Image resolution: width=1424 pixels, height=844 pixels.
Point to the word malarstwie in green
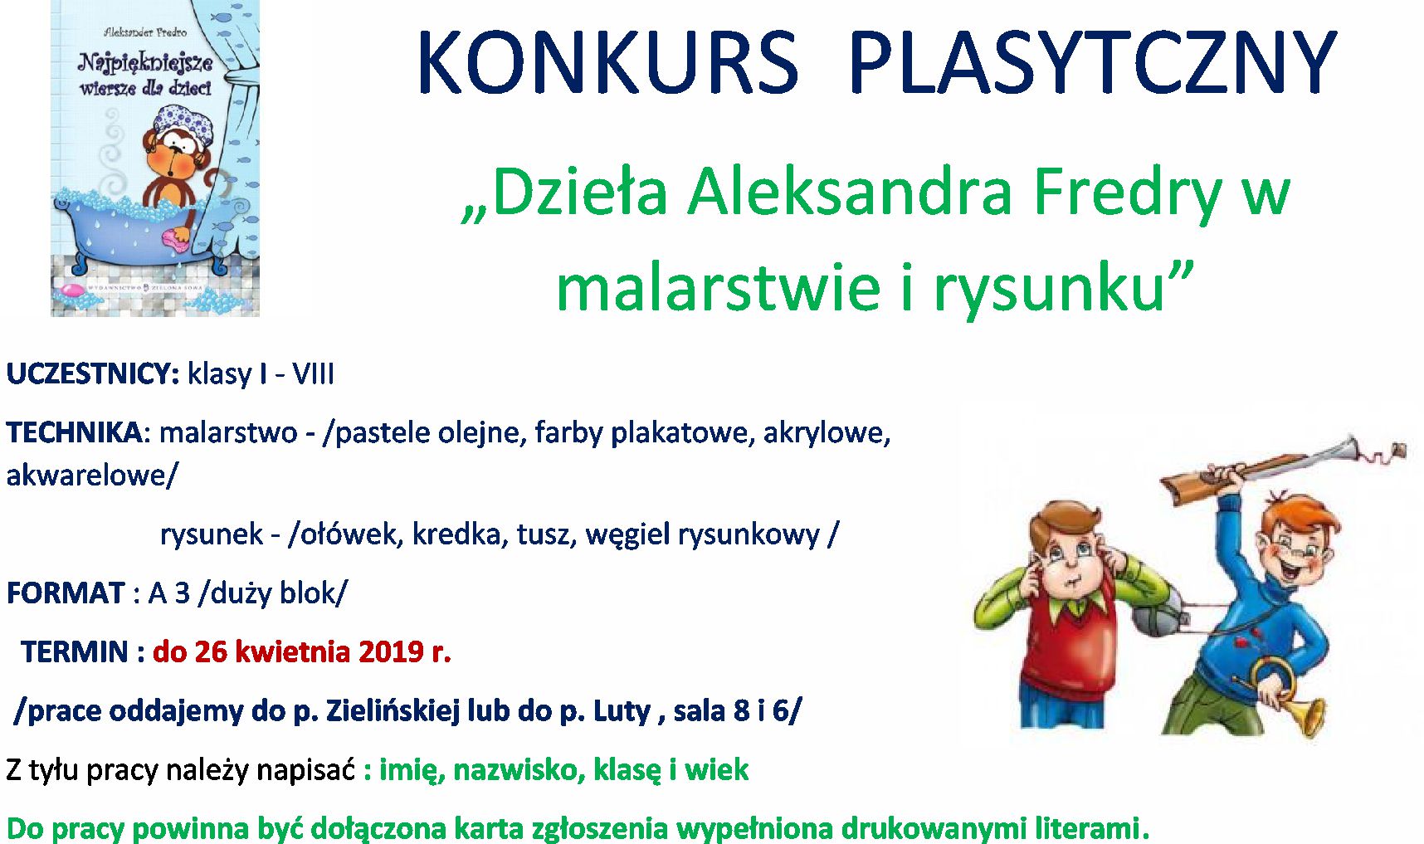tap(718, 287)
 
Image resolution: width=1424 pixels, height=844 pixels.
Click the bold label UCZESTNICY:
tap(93, 374)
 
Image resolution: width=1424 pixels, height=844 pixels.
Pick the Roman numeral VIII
tap(313, 374)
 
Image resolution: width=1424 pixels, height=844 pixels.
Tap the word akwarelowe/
tap(92, 475)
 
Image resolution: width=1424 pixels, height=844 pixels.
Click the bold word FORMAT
tap(66, 593)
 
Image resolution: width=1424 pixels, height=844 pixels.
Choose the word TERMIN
tap(75, 651)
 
